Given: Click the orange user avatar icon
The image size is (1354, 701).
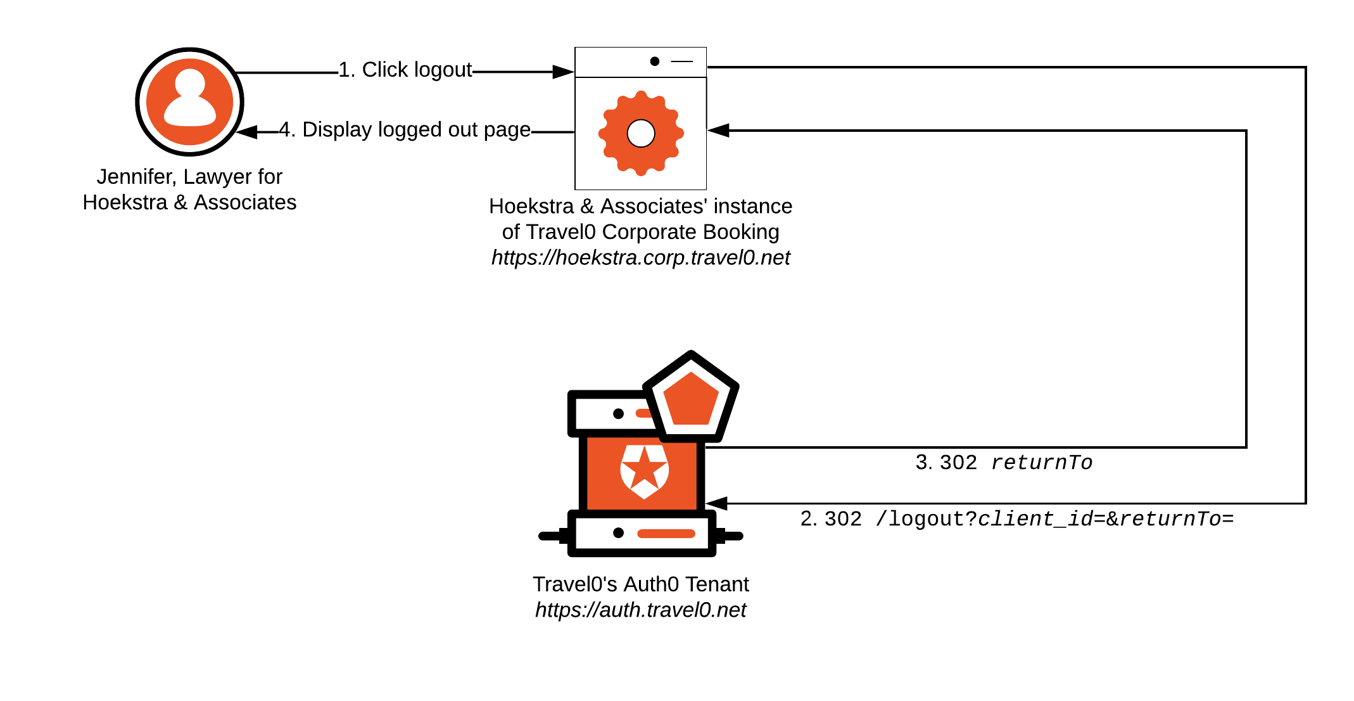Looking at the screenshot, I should point(189,101).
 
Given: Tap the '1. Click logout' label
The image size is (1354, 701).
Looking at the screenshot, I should point(405,70).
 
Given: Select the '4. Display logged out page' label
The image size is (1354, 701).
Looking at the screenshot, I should point(405,129).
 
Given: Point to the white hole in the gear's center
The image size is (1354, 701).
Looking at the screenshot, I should point(641,133).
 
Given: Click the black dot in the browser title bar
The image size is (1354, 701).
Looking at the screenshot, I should point(655,61).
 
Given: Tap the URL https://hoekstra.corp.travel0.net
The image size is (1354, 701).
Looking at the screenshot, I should point(640,257).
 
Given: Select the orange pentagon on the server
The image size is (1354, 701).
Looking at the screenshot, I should point(691,399).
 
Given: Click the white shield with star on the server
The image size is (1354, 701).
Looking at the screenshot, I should point(644,471).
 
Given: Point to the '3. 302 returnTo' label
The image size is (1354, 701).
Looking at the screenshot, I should point(1004,463).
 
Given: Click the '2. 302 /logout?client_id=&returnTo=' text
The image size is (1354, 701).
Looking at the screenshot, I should point(1016,519).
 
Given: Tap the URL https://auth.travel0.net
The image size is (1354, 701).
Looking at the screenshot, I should point(640,610).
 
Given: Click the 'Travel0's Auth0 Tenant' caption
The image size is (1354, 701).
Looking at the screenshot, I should point(640,584).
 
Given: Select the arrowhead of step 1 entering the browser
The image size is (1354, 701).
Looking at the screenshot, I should point(563,72).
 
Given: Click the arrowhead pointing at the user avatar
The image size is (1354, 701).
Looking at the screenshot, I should point(246,132).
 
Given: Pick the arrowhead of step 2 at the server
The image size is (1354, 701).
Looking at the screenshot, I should point(716,503).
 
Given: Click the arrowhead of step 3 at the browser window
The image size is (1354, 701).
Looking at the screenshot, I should point(718,131).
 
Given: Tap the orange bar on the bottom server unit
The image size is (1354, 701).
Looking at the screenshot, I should point(666,533).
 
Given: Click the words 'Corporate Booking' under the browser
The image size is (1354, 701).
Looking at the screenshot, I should point(690,232).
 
